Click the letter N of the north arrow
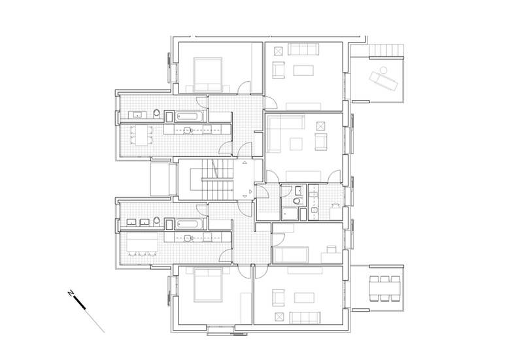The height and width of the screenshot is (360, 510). (71, 293)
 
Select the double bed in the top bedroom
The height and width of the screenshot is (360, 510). (208, 74)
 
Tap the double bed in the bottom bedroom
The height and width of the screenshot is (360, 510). (208, 285)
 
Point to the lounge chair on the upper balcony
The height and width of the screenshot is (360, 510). (383, 79)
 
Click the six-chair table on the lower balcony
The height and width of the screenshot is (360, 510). (384, 289)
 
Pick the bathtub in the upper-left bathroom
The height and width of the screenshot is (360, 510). (188, 116)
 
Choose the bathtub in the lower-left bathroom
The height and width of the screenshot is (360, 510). (188, 224)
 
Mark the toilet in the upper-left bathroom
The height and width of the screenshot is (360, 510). (157, 114)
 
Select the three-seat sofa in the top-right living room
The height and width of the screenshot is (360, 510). (303, 50)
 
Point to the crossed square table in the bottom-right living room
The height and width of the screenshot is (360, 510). (279, 317)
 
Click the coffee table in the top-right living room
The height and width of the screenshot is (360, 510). (303, 70)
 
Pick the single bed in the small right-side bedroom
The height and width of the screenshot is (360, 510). (291, 255)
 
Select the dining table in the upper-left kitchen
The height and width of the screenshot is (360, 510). (141, 135)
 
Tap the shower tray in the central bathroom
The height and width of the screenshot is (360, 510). (290, 214)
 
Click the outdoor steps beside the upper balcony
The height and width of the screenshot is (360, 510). (386, 50)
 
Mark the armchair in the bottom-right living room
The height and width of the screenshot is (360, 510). (279, 298)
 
